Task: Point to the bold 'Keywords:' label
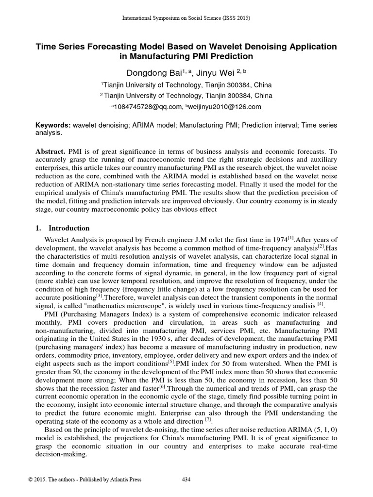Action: [x=53, y=125]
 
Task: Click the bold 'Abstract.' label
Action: [x=51, y=151]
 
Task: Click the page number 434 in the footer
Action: [x=186, y=480]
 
